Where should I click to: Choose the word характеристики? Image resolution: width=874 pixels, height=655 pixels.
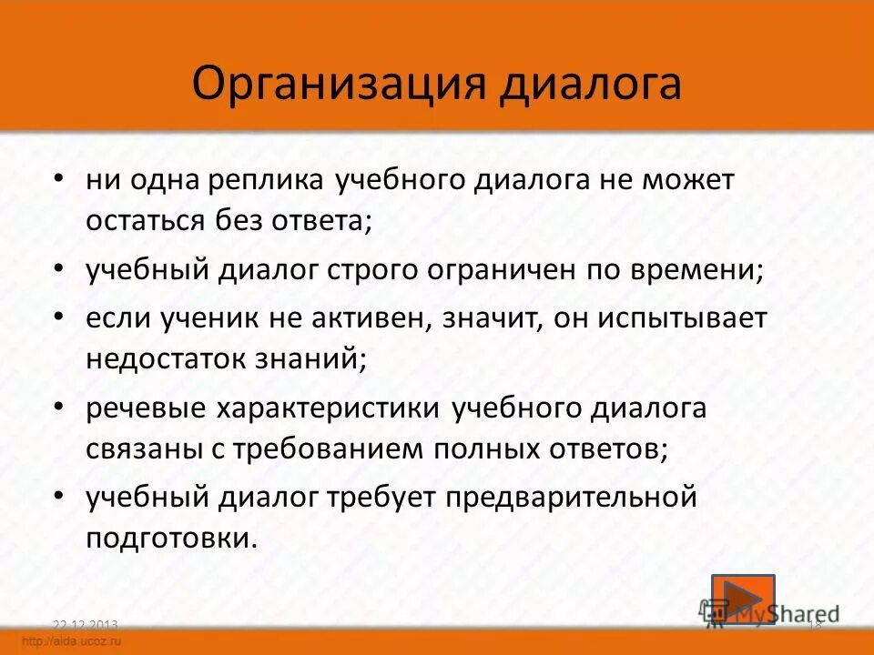(329, 409)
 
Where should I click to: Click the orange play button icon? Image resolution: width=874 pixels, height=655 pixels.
(742, 599)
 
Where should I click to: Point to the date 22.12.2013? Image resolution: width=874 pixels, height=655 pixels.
(86, 624)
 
